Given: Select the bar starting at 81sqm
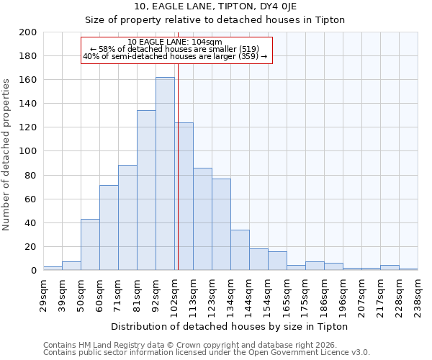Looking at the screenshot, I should (x=146, y=190).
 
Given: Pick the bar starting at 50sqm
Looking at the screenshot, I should (x=90, y=245).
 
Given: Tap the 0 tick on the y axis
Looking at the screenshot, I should (x=34, y=271).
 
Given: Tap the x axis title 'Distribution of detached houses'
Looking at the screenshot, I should (x=230, y=326).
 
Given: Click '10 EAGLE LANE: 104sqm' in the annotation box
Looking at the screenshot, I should (x=175, y=42).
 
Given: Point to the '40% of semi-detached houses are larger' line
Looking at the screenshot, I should (x=175, y=56).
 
